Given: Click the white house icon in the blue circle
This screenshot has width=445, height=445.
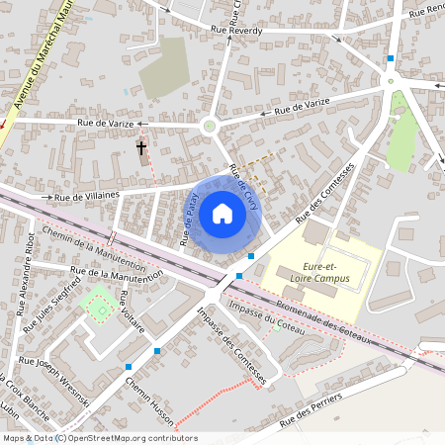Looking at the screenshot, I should (222, 214).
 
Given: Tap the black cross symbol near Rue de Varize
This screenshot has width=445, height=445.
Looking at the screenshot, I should (141, 149).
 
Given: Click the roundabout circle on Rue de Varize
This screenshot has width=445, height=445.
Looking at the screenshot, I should (209, 126).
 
